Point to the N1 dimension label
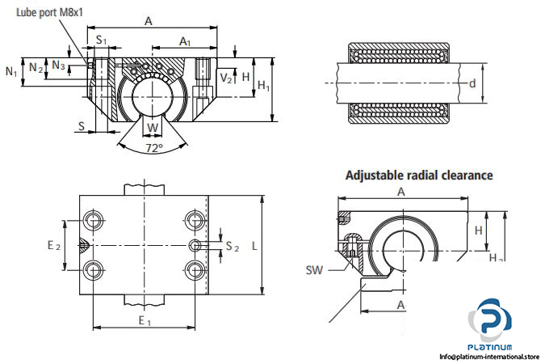coord(11,72)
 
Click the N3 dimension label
coord(58,65)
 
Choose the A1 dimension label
coord(185,40)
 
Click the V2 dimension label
coord(227,78)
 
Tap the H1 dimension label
coord(263,86)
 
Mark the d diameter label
coord(472,82)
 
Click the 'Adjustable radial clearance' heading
coord(419,174)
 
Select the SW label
coord(315,270)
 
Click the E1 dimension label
coord(145,321)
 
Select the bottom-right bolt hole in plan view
coord(193,269)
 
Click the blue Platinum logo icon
coord(490,319)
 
